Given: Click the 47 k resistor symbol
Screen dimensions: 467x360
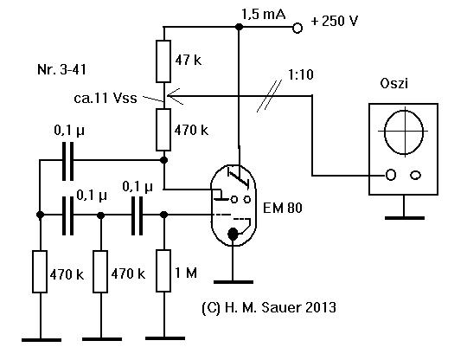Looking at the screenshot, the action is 163,61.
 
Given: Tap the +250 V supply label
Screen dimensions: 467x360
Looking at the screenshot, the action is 334,21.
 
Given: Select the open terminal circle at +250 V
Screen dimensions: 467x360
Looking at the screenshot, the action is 297,28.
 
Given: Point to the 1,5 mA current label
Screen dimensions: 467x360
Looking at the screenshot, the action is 264,15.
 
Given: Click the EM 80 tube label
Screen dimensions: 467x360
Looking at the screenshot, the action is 282,208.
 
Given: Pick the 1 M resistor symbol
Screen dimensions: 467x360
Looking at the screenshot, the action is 163,271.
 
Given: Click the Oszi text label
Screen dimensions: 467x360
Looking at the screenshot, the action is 393,83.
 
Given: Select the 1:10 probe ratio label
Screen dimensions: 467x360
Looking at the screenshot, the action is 301,74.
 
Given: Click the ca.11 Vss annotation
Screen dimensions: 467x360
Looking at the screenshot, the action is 106,98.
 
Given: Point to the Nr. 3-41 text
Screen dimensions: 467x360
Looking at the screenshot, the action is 61,69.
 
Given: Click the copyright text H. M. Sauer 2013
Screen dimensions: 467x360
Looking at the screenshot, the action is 269,307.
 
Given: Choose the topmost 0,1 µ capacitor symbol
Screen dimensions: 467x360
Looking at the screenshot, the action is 68,161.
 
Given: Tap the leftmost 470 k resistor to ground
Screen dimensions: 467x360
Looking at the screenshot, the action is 40,272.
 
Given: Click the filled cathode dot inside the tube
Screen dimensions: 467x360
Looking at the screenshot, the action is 233,235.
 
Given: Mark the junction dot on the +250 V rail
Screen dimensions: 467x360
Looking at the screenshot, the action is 239,27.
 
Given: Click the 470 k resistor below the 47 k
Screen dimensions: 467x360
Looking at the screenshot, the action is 163,130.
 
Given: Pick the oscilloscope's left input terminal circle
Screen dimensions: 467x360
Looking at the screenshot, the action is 390,175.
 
